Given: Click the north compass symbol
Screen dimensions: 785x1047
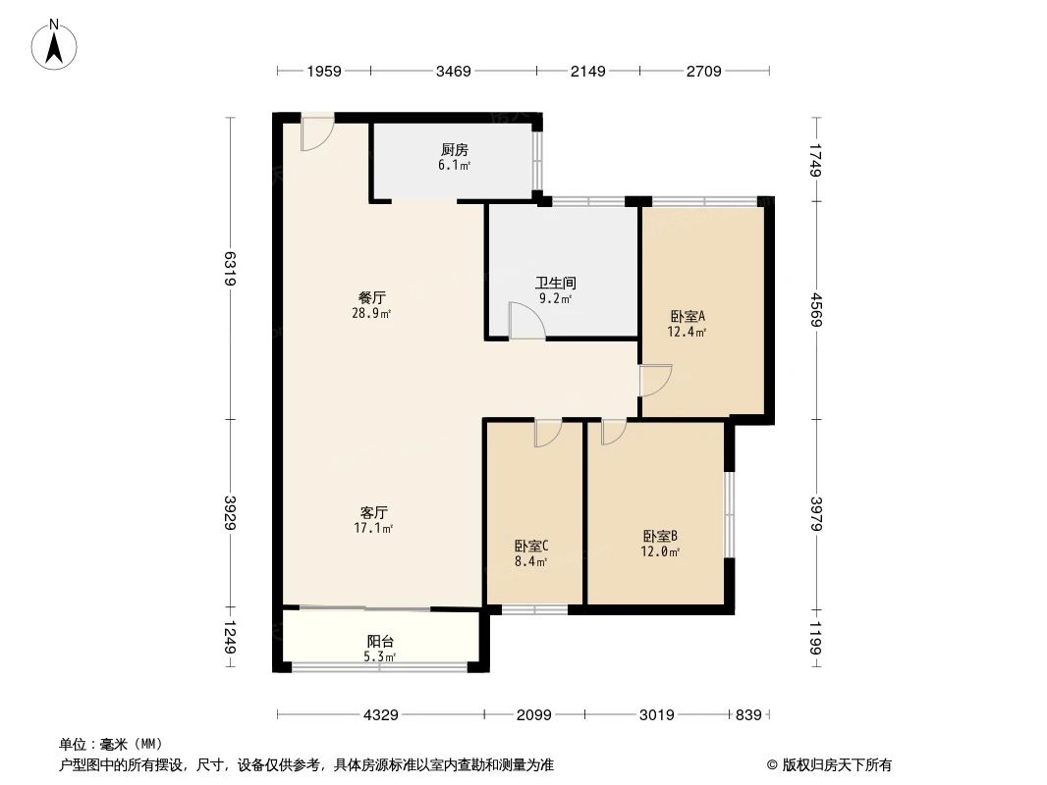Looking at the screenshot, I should (x=55, y=44).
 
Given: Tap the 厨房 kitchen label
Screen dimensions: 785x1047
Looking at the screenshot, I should (x=454, y=150).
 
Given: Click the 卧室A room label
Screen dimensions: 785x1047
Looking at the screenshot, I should (x=689, y=316).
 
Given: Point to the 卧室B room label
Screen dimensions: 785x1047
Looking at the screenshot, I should (x=661, y=536).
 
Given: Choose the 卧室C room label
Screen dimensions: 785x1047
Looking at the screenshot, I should (x=530, y=546).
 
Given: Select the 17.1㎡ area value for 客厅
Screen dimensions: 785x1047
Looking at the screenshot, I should (x=374, y=529).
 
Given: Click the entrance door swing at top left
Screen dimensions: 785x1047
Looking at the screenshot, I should (x=316, y=133).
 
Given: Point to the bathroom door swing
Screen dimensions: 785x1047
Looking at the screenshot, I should (x=525, y=321).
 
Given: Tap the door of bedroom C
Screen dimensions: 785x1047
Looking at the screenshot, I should (x=547, y=433).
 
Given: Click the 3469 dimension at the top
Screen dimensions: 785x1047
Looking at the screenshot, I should (x=454, y=71).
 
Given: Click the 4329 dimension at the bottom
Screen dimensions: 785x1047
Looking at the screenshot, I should (x=380, y=715).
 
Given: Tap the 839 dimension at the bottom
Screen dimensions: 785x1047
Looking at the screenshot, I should (x=748, y=715).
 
